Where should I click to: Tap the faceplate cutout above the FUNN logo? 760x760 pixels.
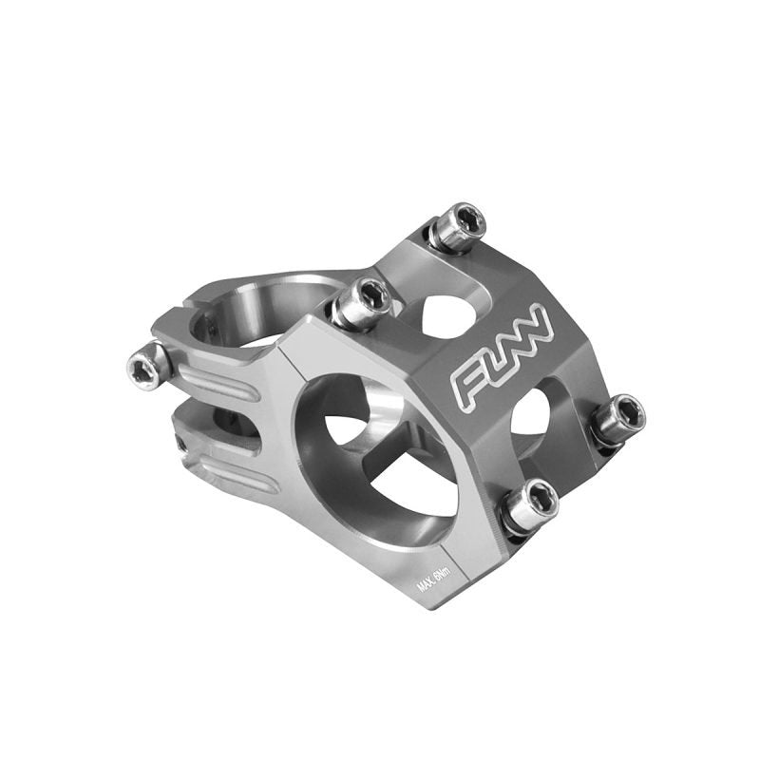click(447, 313)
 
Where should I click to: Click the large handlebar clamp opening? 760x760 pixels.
click(380, 456)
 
